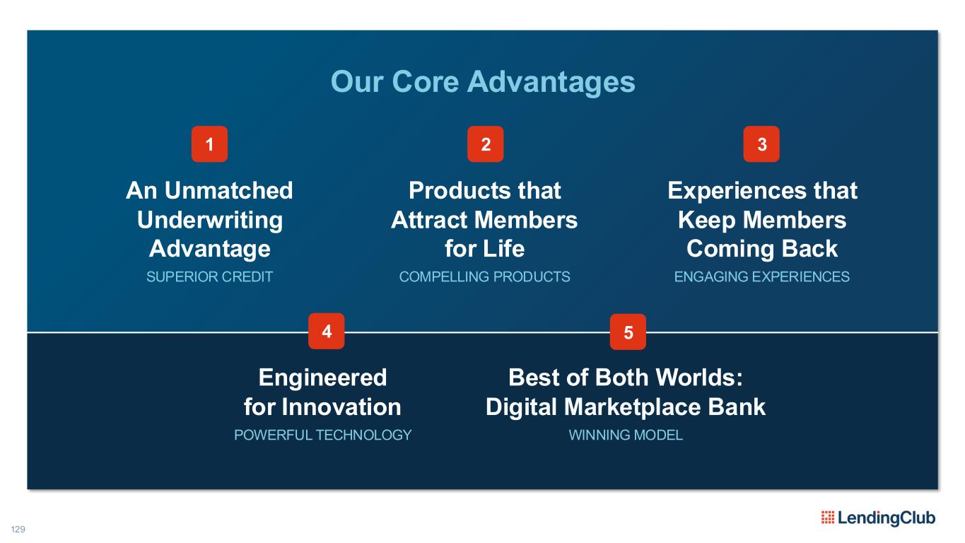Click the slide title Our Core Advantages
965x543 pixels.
(x=483, y=82)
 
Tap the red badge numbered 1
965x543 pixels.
(x=209, y=144)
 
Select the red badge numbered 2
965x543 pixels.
(x=486, y=144)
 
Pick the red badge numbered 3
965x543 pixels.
(x=761, y=144)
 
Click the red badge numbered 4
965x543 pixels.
(x=326, y=331)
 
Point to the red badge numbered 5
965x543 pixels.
(x=628, y=332)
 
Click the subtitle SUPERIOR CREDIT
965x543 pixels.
(x=209, y=276)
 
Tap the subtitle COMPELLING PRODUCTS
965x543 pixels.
(x=485, y=276)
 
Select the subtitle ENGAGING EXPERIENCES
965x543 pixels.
(x=761, y=276)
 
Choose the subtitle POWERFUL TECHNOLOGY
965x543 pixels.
(x=322, y=435)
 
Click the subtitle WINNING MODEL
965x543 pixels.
(x=626, y=435)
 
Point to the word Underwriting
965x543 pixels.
(x=210, y=221)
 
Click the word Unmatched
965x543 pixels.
(x=229, y=190)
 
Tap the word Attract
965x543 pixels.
(x=430, y=220)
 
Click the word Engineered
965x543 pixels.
(x=322, y=378)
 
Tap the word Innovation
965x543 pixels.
(x=341, y=407)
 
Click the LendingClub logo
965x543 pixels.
(x=879, y=518)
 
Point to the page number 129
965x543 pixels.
(x=18, y=529)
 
